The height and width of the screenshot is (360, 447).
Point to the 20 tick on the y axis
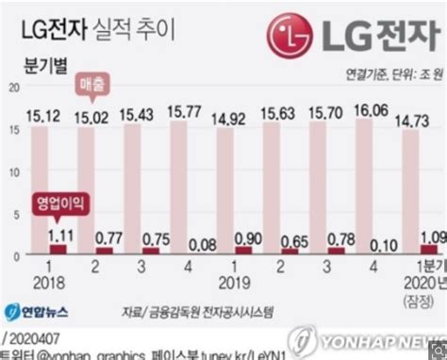(11, 86)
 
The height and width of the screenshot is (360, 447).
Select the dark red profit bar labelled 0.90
(243, 251)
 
